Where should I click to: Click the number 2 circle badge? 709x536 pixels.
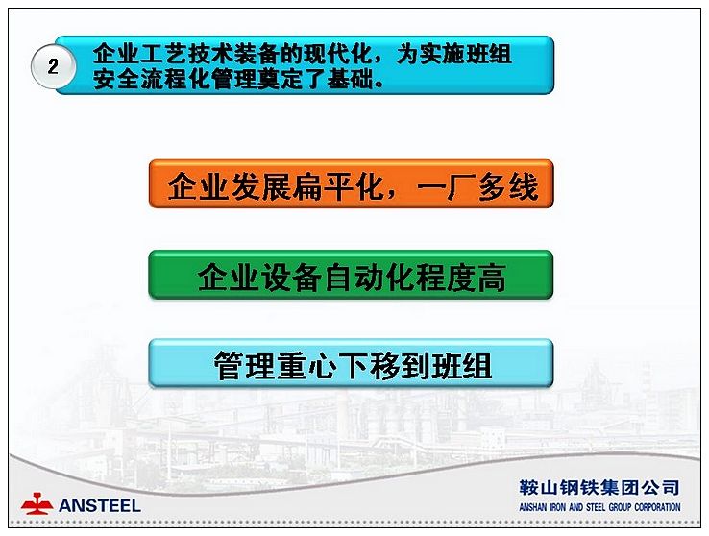(53, 66)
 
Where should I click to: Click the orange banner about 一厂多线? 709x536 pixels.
(352, 183)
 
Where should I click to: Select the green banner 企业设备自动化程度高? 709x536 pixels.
(352, 275)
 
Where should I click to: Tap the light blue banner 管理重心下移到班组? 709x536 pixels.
(352, 363)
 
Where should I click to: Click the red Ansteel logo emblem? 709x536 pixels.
(37, 504)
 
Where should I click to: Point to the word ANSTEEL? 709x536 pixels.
(100, 505)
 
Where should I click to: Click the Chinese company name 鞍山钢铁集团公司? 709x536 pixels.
(599, 488)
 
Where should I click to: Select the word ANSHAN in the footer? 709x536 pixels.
(533, 507)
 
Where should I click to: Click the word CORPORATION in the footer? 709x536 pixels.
(657, 507)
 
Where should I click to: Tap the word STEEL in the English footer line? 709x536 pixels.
(596, 507)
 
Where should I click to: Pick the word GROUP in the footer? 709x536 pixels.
(621, 507)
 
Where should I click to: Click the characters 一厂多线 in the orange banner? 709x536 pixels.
(477, 186)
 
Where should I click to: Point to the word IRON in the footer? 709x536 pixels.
(558, 507)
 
